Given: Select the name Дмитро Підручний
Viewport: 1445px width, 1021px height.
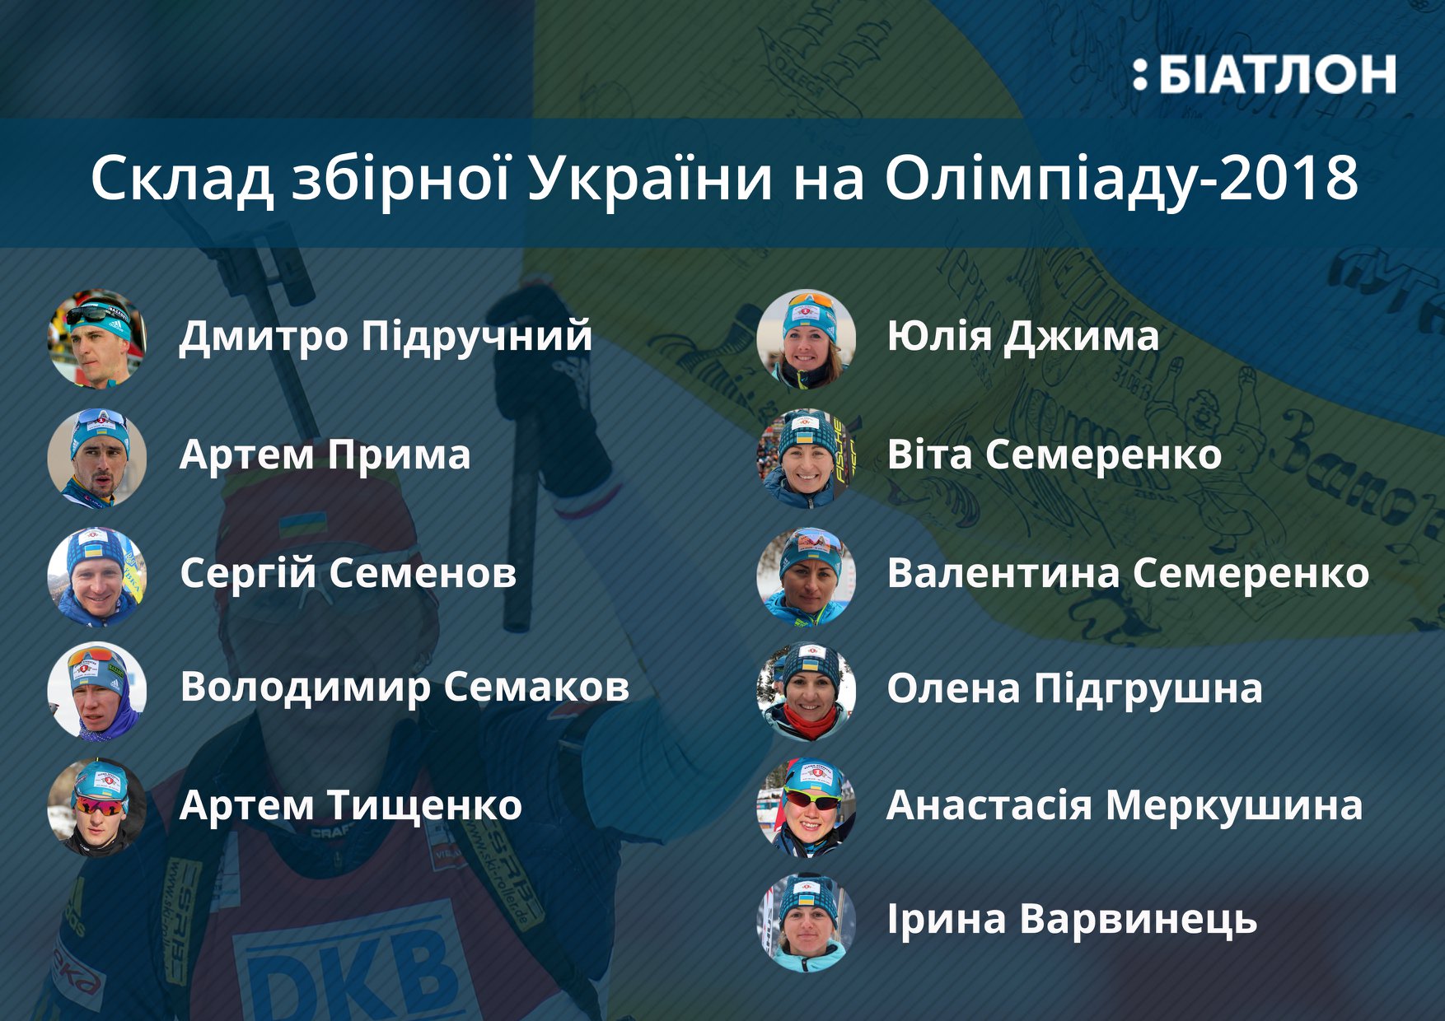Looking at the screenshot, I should click(x=386, y=336).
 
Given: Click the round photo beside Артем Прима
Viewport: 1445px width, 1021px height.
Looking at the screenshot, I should click(x=97, y=457).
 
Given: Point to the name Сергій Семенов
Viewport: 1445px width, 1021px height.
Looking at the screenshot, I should click(x=348, y=573).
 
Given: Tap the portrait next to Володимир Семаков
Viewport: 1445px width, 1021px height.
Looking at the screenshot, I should click(x=97, y=691).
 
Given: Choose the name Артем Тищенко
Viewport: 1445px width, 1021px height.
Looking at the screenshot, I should click(x=350, y=805).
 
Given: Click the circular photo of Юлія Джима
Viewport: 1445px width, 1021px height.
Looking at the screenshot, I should click(x=806, y=338).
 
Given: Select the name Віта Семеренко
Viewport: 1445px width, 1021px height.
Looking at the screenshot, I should click(x=1054, y=455).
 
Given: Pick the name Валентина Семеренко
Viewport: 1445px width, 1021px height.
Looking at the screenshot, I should click(x=1127, y=573).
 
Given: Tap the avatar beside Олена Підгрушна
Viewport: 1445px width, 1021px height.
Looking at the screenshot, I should click(x=806, y=691).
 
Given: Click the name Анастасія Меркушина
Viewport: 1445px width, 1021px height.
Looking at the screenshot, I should click(x=1124, y=805).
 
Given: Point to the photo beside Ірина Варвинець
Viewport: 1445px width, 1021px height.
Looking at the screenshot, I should click(x=806, y=922).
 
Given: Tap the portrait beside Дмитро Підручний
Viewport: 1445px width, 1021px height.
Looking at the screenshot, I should click(x=97, y=338).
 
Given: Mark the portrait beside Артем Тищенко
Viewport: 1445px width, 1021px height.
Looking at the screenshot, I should click(x=97, y=807).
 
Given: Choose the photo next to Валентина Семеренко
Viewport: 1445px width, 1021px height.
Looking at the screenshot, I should click(x=806, y=576).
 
